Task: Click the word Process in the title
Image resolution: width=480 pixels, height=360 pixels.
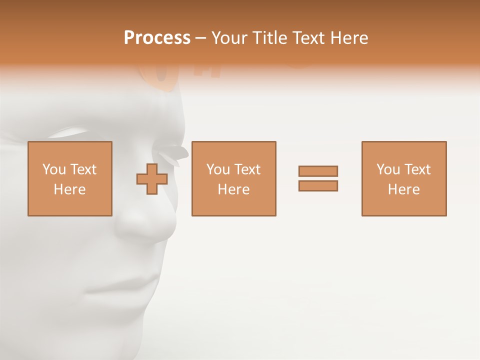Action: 157,38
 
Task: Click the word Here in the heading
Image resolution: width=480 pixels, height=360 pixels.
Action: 350,38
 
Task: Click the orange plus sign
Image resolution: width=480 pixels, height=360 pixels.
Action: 152,178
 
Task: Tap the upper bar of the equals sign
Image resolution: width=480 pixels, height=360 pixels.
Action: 318,171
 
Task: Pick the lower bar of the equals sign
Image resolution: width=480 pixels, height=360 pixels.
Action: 318,185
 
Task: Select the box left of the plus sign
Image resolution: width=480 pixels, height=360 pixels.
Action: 69,178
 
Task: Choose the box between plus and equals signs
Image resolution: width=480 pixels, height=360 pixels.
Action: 233,178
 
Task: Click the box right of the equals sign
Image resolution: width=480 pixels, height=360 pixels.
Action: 403,178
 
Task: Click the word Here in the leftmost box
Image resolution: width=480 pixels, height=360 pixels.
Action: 69,189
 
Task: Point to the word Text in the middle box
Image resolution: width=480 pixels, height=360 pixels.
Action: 247,169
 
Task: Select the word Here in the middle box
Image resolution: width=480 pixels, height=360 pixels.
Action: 233,189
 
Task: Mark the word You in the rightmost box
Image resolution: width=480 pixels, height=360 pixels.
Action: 388,169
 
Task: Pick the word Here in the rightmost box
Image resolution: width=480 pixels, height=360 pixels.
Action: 403,189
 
